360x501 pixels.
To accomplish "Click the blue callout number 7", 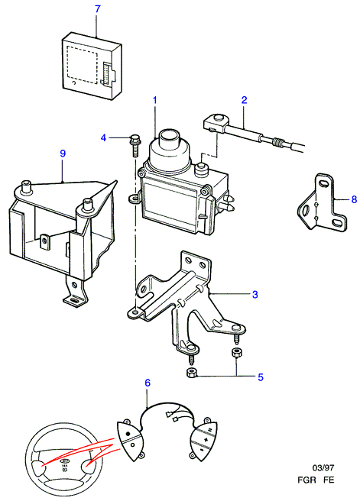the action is [x=98, y=9].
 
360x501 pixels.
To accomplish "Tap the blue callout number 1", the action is [x=155, y=100].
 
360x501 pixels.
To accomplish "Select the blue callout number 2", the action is [x=245, y=100].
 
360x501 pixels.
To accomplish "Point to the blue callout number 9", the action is [x=63, y=154].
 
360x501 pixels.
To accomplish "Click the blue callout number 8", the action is [x=354, y=199].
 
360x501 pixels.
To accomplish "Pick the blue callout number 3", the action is [x=255, y=294].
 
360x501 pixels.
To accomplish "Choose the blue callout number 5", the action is [x=261, y=377].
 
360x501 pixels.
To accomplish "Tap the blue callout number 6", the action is [x=148, y=383].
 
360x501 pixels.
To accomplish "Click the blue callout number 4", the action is [x=103, y=138].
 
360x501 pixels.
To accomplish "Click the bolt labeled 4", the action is [x=135, y=145].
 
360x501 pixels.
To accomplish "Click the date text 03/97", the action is [x=323, y=467].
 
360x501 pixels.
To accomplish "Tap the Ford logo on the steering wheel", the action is [x=64, y=461].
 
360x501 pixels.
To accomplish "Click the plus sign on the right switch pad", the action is [x=206, y=441].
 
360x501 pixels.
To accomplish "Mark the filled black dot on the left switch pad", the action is [x=128, y=434].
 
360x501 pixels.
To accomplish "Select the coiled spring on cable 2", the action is [x=277, y=143].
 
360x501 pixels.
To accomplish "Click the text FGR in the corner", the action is [x=306, y=480].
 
